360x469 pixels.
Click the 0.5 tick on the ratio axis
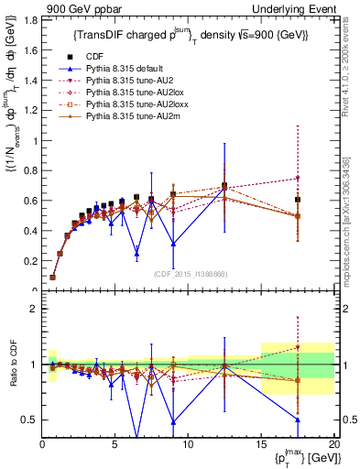(29, 420)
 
